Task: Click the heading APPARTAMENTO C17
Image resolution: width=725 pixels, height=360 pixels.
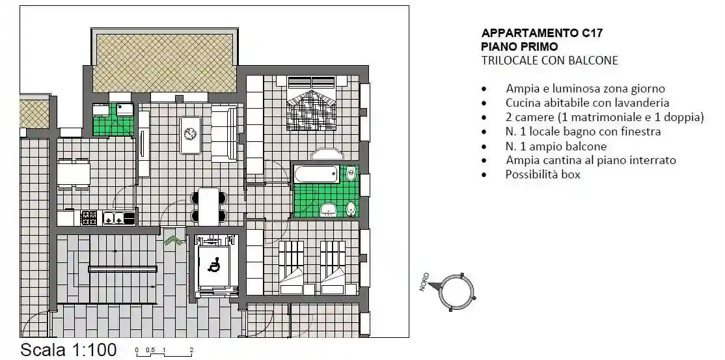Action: point(528,33)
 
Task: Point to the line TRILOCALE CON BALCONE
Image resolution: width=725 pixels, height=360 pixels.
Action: point(549,61)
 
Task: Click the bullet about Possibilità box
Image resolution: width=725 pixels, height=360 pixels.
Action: point(542,174)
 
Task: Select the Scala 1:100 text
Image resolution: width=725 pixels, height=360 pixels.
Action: point(68,350)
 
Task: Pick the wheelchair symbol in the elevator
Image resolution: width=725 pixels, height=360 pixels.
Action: point(213,264)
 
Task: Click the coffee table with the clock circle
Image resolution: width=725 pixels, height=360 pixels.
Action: point(191,134)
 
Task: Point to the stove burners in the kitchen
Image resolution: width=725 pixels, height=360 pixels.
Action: point(89,218)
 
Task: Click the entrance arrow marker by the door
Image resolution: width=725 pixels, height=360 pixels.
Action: point(173,241)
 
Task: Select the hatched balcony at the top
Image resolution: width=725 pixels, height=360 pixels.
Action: point(165,62)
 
